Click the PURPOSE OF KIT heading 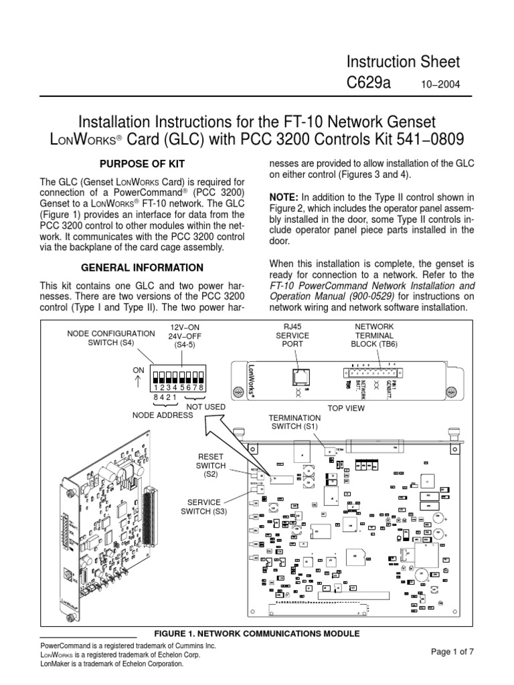tap(141, 164)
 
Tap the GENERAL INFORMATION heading tap(142, 268)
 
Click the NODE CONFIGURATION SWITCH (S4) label tap(110, 338)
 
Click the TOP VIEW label tap(345, 406)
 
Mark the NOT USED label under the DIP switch tap(205, 407)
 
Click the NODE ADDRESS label tap(164, 415)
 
